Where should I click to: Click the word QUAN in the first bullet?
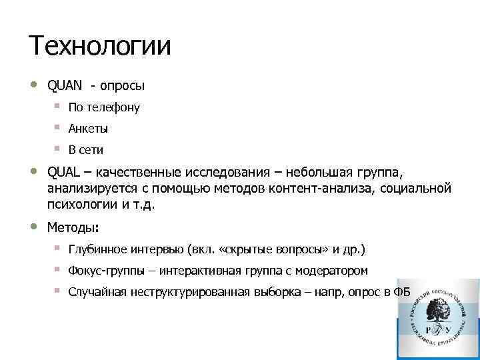[65, 86]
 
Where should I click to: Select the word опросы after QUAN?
[122, 87]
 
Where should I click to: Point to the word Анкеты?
[88, 129]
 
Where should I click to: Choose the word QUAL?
[64, 174]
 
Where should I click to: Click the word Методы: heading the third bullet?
[73, 227]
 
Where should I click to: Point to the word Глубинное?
[99, 249]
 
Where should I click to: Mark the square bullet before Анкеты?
[58, 127]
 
